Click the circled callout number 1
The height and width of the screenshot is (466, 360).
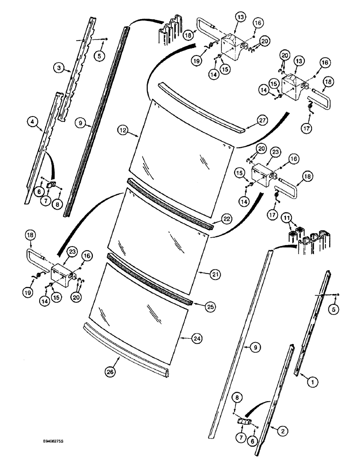pos(308,382)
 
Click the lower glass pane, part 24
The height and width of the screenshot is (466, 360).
pos(140,303)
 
